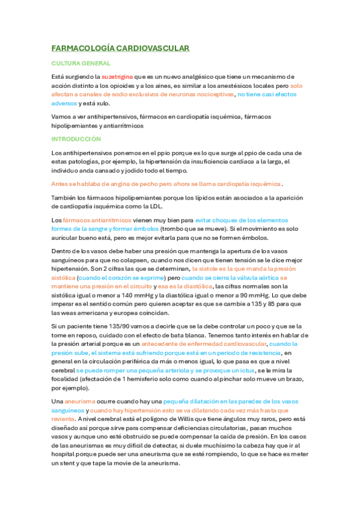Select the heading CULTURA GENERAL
coord(81,63)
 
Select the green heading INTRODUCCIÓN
coord(76,138)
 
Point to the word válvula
coord(246,278)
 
